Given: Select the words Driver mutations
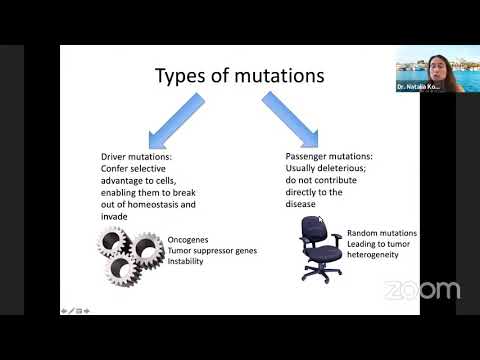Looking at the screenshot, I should click(137, 158).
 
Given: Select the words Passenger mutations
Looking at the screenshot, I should click(328, 158).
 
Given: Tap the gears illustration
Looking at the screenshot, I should click(131, 253).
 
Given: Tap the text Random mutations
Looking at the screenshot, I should click(381, 233).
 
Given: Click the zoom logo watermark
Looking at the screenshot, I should click(422, 291).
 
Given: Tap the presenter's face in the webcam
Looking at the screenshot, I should click(436, 63).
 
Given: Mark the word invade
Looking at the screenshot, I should click(114, 215).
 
